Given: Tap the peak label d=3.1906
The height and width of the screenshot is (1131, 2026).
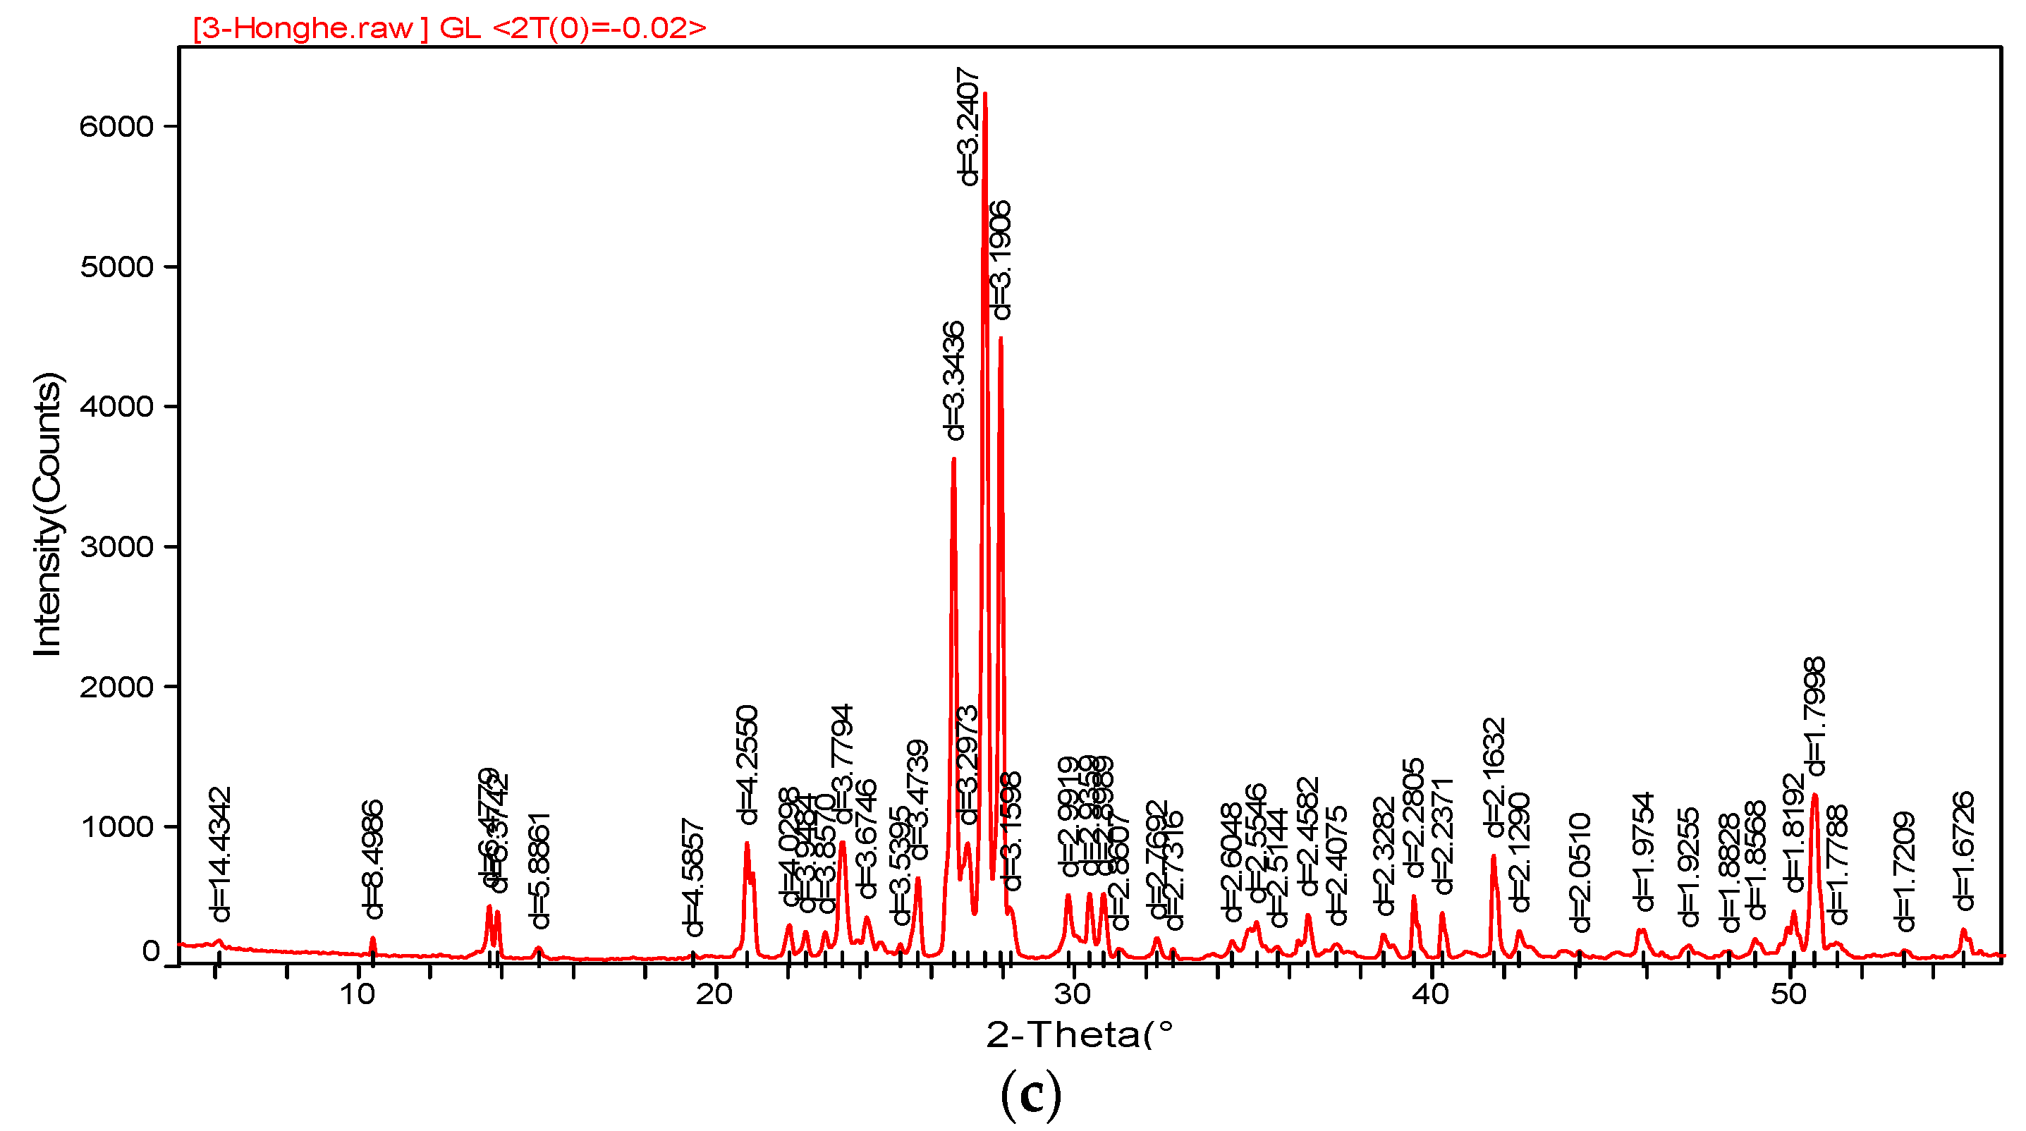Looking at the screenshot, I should point(1001,260).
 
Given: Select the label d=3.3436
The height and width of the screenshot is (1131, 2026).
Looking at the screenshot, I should point(954,381).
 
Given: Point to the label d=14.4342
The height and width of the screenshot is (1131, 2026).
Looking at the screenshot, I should point(221,854).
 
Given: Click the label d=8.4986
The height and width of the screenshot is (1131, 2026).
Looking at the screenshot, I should point(373,859).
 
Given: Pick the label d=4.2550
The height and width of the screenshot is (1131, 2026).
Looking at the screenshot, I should point(747,764).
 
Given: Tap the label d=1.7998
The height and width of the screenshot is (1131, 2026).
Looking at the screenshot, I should point(1815,716).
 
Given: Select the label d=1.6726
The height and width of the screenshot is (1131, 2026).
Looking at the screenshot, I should point(1965,851).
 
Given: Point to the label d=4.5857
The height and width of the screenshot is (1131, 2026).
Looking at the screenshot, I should point(693,878).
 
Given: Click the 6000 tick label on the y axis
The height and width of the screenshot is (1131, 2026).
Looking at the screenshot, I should point(116,127).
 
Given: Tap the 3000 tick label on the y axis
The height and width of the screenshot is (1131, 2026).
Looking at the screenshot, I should point(116,546).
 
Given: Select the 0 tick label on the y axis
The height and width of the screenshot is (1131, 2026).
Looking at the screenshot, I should point(151,952).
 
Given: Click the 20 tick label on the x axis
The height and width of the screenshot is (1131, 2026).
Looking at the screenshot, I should point(714,995).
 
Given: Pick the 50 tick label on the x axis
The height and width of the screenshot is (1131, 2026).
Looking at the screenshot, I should point(1788,995).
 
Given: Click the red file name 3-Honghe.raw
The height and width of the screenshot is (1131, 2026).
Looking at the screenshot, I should point(311,28).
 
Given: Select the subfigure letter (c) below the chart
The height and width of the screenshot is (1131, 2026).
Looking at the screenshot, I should point(1031,1095).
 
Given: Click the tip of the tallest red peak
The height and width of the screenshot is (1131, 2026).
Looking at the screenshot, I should point(984,94).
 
